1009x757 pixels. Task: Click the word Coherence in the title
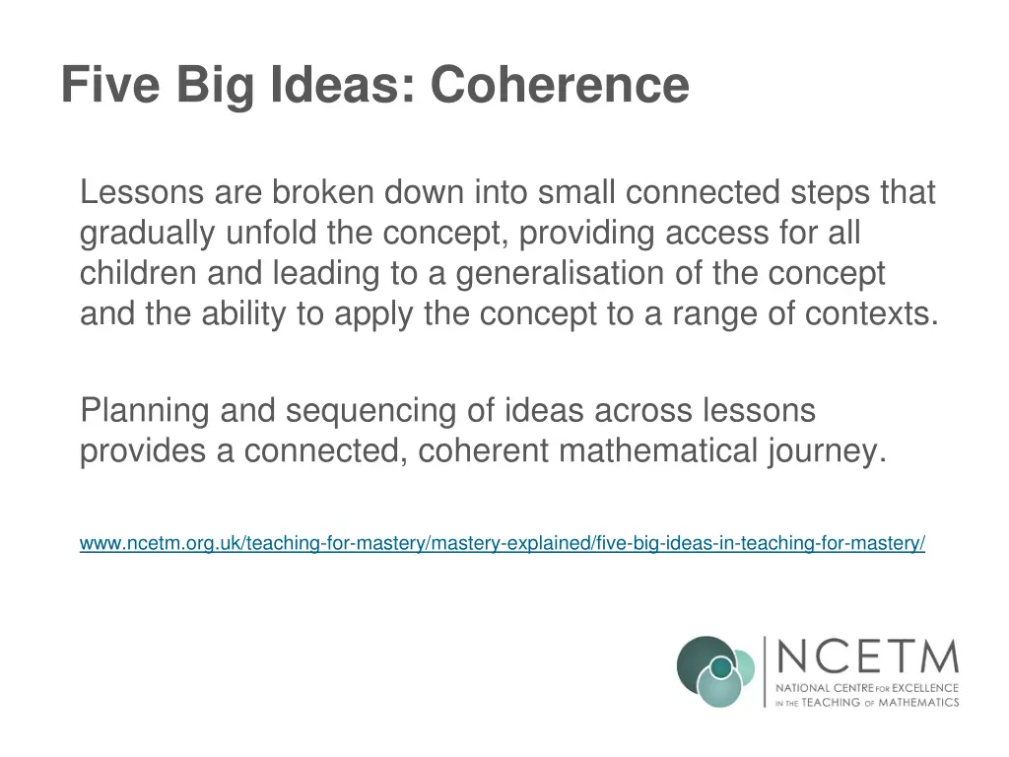(559, 85)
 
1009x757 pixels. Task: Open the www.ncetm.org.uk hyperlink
(502, 543)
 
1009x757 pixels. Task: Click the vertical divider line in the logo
(765, 671)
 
